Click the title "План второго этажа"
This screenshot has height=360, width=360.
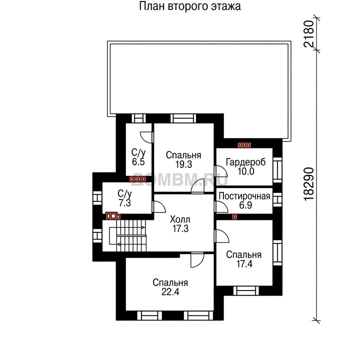pos(190,6)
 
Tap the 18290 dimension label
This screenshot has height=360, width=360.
pos(309,184)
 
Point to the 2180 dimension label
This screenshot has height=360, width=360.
pos(309,34)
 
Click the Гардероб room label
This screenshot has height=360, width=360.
pos(245,162)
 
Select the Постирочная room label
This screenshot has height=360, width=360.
pos(244,196)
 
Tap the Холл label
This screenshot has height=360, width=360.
pos(180,219)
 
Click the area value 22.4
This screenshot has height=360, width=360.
pos(170,292)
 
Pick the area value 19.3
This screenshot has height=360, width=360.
pos(183,164)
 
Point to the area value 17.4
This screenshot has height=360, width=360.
pos(244,264)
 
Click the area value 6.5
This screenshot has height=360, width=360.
pos(138,161)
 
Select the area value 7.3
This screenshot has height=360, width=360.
pos(124,203)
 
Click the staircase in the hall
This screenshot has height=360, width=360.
pos(127,235)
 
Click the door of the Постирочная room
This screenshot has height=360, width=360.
pos(221,206)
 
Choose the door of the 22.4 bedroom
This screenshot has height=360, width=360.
pos(197,260)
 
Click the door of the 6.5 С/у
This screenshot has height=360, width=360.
pos(146,137)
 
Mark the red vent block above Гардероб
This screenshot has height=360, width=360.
pos(244,145)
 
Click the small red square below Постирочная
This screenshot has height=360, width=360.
pos(234,216)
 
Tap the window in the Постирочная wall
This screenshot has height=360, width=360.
pos(277,199)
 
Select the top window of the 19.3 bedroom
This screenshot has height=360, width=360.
pos(183,118)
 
